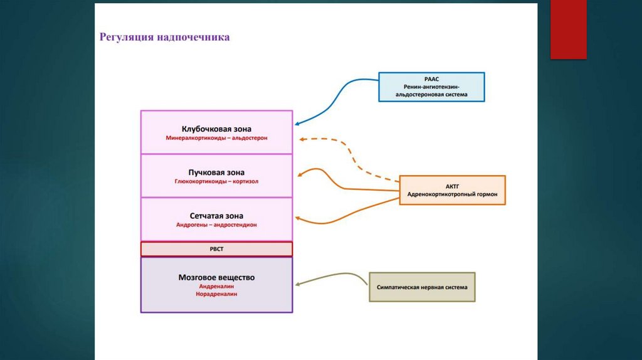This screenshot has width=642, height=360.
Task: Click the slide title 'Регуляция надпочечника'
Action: [x=164, y=38]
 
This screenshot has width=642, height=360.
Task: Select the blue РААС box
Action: [x=431, y=87]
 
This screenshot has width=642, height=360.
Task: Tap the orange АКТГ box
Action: [x=452, y=190]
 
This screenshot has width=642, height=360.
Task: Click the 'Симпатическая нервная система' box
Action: [x=422, y=287]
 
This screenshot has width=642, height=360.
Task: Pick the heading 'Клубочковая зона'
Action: [x=216, y=128]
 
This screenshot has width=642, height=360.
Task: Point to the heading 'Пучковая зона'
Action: [x=216, y=172]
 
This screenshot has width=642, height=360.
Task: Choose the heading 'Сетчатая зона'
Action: [x=216, y=215]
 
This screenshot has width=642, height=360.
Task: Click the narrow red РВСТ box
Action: [x=216, y=249]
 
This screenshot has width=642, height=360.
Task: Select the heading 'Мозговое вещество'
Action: [x=216, y=277]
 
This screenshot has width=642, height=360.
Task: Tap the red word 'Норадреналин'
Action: [x=216, y=294]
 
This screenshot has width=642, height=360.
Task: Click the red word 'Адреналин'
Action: [x=216, y=285]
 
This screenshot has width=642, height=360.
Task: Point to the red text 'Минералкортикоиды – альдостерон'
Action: [x=216, y=137]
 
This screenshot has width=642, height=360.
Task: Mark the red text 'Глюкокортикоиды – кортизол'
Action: [x=216, y=181]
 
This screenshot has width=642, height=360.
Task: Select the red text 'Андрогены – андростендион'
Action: [x=216, y=225]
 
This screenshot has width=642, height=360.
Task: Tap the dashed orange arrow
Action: [x=351, y=154]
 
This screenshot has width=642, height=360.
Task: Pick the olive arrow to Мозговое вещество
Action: [x=332, y=277]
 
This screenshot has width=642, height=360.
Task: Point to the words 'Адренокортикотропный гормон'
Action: [x=452, y=195]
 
